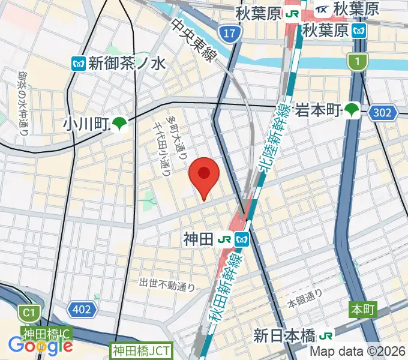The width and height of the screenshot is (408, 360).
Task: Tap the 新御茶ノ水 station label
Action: [126, 62]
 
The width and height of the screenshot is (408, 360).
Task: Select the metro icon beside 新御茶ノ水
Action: [77, 62]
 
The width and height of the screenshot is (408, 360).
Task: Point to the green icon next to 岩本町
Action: [352, 110]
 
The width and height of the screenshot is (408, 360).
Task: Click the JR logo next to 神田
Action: [226, 239]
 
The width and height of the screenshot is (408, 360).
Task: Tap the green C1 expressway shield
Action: [27, 313]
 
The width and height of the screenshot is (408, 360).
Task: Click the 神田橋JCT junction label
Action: [142, 350]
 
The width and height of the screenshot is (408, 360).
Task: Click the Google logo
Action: [40, 346]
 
